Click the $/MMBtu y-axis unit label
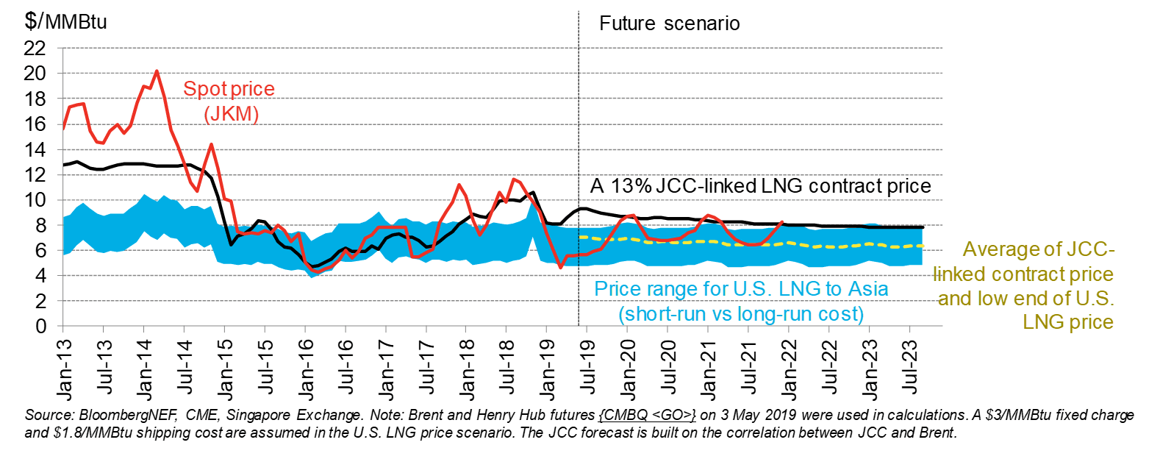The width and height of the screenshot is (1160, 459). tap(65, 21)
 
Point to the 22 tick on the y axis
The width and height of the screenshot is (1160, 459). tap(35, 49)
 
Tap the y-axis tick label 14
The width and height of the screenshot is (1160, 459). tap(35, 150)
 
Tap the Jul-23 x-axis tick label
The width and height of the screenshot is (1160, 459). tap(911, 366)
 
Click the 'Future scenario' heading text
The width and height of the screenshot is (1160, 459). tap(669, 24)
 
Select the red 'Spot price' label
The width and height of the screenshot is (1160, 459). tap(229, 89)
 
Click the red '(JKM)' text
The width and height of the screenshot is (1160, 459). tap(231, 114)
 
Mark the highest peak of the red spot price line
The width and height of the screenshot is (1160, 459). tap(157, 71)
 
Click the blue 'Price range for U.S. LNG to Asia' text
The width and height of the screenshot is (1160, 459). tap(741, 289)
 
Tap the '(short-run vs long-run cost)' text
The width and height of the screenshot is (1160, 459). tap(741, 314)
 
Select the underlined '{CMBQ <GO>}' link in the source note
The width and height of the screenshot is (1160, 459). tap(647, 416)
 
